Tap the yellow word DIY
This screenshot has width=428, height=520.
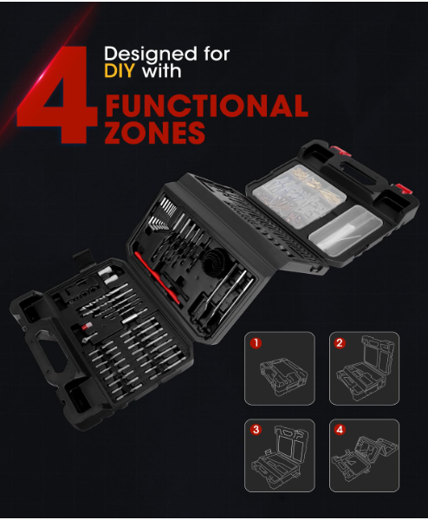tap(120, 71)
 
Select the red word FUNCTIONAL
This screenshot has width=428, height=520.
tap(206, 106)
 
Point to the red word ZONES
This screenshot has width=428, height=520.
tap(155, 132)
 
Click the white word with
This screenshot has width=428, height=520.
tap(161, 71)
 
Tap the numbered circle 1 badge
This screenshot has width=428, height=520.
tap(256, 343)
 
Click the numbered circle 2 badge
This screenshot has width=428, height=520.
tap(340, 343)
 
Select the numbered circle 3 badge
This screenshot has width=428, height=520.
tap(256, 430)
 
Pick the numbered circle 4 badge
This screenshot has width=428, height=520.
tap(340, 430)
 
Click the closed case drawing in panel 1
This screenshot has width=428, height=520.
tap(283, 376)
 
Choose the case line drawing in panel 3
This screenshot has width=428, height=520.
tap(280, 457)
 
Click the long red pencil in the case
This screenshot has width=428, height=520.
tap(158, 278)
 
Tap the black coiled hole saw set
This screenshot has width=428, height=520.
tap(216, 263)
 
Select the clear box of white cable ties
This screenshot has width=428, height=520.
tap(345, 230)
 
